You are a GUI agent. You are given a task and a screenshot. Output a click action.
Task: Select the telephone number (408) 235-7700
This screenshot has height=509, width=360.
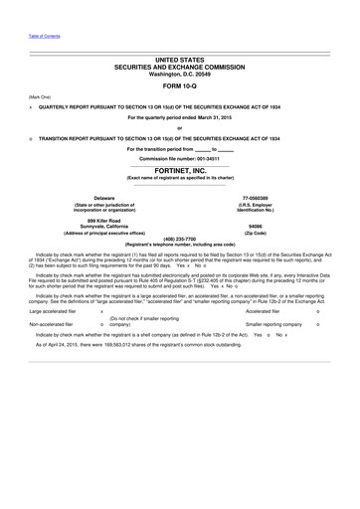(179, 239)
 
